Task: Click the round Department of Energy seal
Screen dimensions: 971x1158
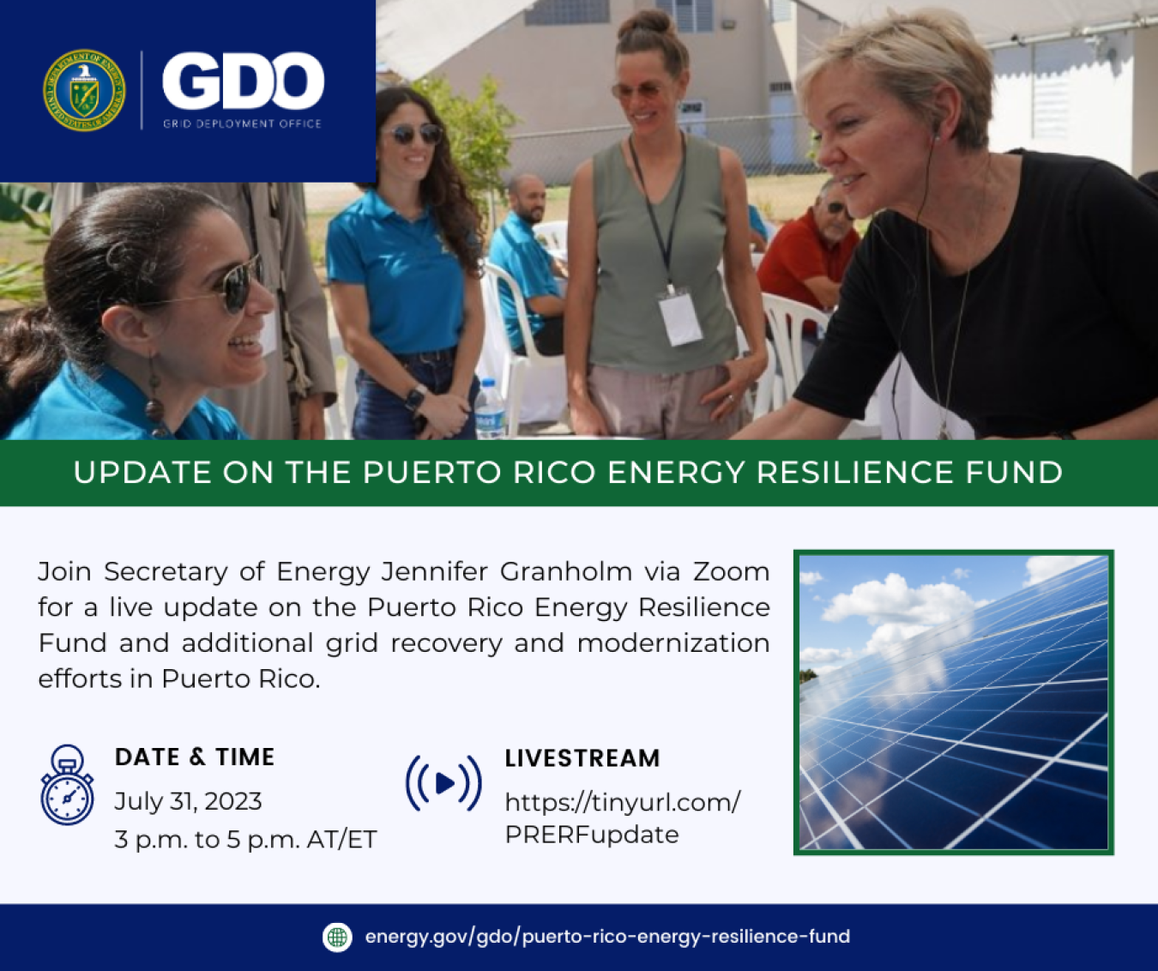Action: [x=84, y=90]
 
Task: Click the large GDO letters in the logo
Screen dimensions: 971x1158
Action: [x=243, y=82]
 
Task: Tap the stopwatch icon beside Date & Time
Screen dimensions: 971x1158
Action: [x=67, y=786]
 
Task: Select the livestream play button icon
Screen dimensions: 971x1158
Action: [x=443, y=782]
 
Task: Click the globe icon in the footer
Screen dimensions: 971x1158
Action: [x=337, y=937]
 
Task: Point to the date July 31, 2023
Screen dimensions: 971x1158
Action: [x=188, y=801]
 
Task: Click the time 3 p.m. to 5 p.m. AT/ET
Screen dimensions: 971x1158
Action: [x=245, y=839]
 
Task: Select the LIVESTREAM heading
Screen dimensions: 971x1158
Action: [x=582, y=758]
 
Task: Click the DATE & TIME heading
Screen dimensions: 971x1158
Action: [x=195, y=757]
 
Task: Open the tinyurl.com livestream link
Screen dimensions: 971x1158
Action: [x=621, y=817]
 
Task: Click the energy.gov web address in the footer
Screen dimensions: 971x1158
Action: [x=606, y=937]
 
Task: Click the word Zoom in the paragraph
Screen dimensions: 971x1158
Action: [x=731, y=571]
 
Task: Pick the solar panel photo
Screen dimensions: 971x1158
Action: [x=953, y=702]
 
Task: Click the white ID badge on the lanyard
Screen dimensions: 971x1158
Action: [x=680, y=317]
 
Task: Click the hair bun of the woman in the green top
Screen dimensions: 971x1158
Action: [x=646, y=23]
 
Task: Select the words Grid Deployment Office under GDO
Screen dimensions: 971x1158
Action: [x=242, y=124]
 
